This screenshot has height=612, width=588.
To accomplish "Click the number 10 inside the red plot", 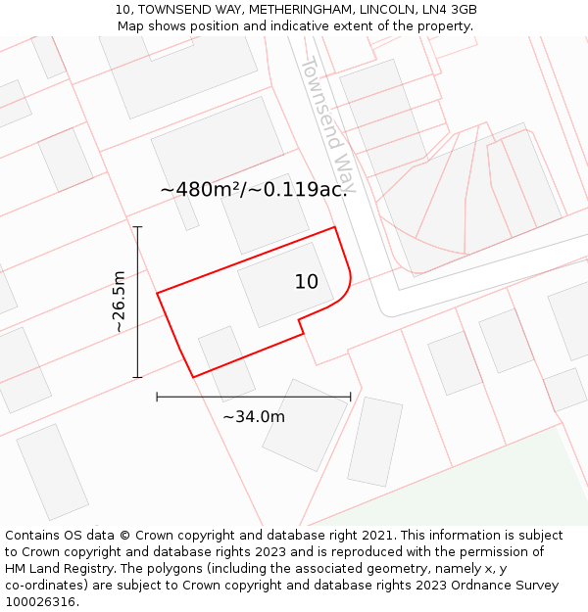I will pyautogui.click(x=307, y=282).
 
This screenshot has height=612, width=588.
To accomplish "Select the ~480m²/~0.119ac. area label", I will pyautogui.click(x=253, y=189).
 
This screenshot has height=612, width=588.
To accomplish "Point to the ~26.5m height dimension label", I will pyautogui.click(x=119, y=302).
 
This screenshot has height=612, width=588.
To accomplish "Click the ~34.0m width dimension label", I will pyautogui.click(x=254, y=416).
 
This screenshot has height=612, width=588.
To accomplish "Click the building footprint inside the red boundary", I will pyautogui.click(x=273, y=284).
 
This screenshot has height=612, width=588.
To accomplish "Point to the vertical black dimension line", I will pyautogui.click(x=138, y=302).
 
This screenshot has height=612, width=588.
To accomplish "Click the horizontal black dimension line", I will pyautogui.click(x=254, y=397).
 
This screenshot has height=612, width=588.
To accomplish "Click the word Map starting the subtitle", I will pyautogui.click(x=132, y=25).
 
